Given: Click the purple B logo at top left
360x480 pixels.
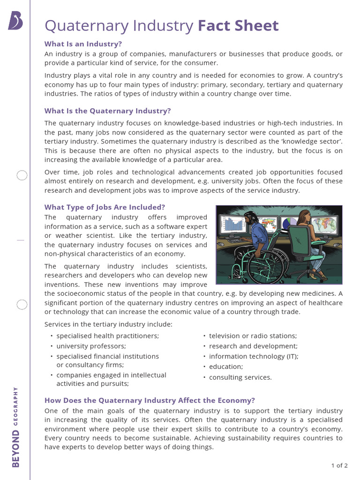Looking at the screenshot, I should pyautogui.click(x=15, y=22).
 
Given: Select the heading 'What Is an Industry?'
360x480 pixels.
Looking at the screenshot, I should pyautogui.click(x=83, y=44).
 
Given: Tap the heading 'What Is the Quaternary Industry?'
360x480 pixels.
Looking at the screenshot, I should pyautogui.click(x=107, y=111).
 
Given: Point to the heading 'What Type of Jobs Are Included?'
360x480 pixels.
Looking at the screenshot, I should pyautogui.click(x=105, y=207).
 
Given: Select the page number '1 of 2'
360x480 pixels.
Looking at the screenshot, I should pyautogui.click(x=339, y=465).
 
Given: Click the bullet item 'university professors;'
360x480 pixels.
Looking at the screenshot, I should pyautogui.click(x=91, y=346).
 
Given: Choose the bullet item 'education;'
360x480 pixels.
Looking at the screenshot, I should pyautogui.click(x=226, y=367).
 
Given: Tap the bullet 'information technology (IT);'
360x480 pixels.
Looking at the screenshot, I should pyautogui.click(x=254, y=356).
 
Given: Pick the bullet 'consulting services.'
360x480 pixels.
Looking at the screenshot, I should pyautogui.click(x=240, y=377).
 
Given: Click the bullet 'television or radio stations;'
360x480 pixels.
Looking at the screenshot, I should pyautogui.click(x=253, y=336).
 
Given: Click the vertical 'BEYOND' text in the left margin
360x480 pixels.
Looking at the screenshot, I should pyautogui.click(x=16, y=449).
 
